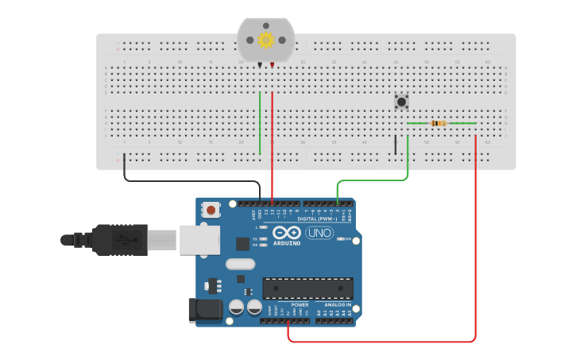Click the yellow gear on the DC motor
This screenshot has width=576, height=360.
(266, 40)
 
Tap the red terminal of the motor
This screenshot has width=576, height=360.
(273, 64)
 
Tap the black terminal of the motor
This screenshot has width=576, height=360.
(260, 64)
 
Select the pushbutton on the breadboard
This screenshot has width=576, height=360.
(401, 101)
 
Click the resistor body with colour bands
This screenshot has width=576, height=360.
(439, 123)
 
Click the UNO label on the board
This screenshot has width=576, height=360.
(319, 233)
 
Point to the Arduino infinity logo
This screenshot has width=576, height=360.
(286, 232)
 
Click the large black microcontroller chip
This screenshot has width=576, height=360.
(307, 288)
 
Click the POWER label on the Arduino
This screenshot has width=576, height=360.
(300, 304)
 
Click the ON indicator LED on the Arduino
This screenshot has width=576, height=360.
(340, 238)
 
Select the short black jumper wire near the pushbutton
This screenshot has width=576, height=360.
(395, 145)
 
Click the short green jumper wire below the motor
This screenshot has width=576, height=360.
(260, 123)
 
